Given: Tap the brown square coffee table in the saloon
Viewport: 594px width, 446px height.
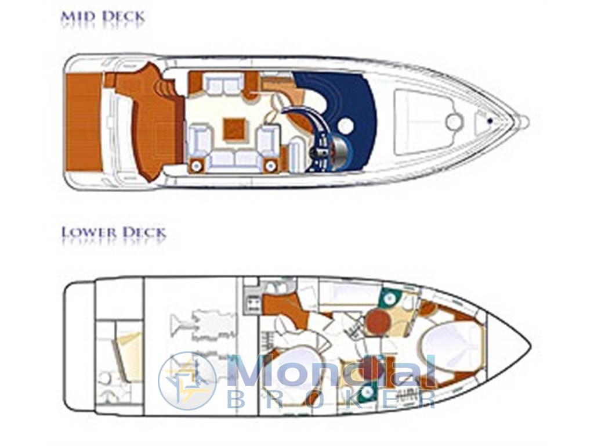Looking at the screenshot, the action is click(x=234, y=129).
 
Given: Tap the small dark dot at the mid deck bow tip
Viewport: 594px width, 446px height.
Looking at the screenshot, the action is click(x=490, y=121).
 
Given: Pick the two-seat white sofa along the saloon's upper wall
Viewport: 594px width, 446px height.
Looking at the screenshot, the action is click(x=223, y=84).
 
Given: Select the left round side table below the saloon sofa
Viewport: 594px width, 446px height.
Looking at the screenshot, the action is click(x=197, y=166).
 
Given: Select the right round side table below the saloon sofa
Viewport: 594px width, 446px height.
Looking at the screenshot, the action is click(x=270, y=166).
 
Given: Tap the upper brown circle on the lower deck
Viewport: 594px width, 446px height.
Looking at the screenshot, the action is click(x=378, y=321).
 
